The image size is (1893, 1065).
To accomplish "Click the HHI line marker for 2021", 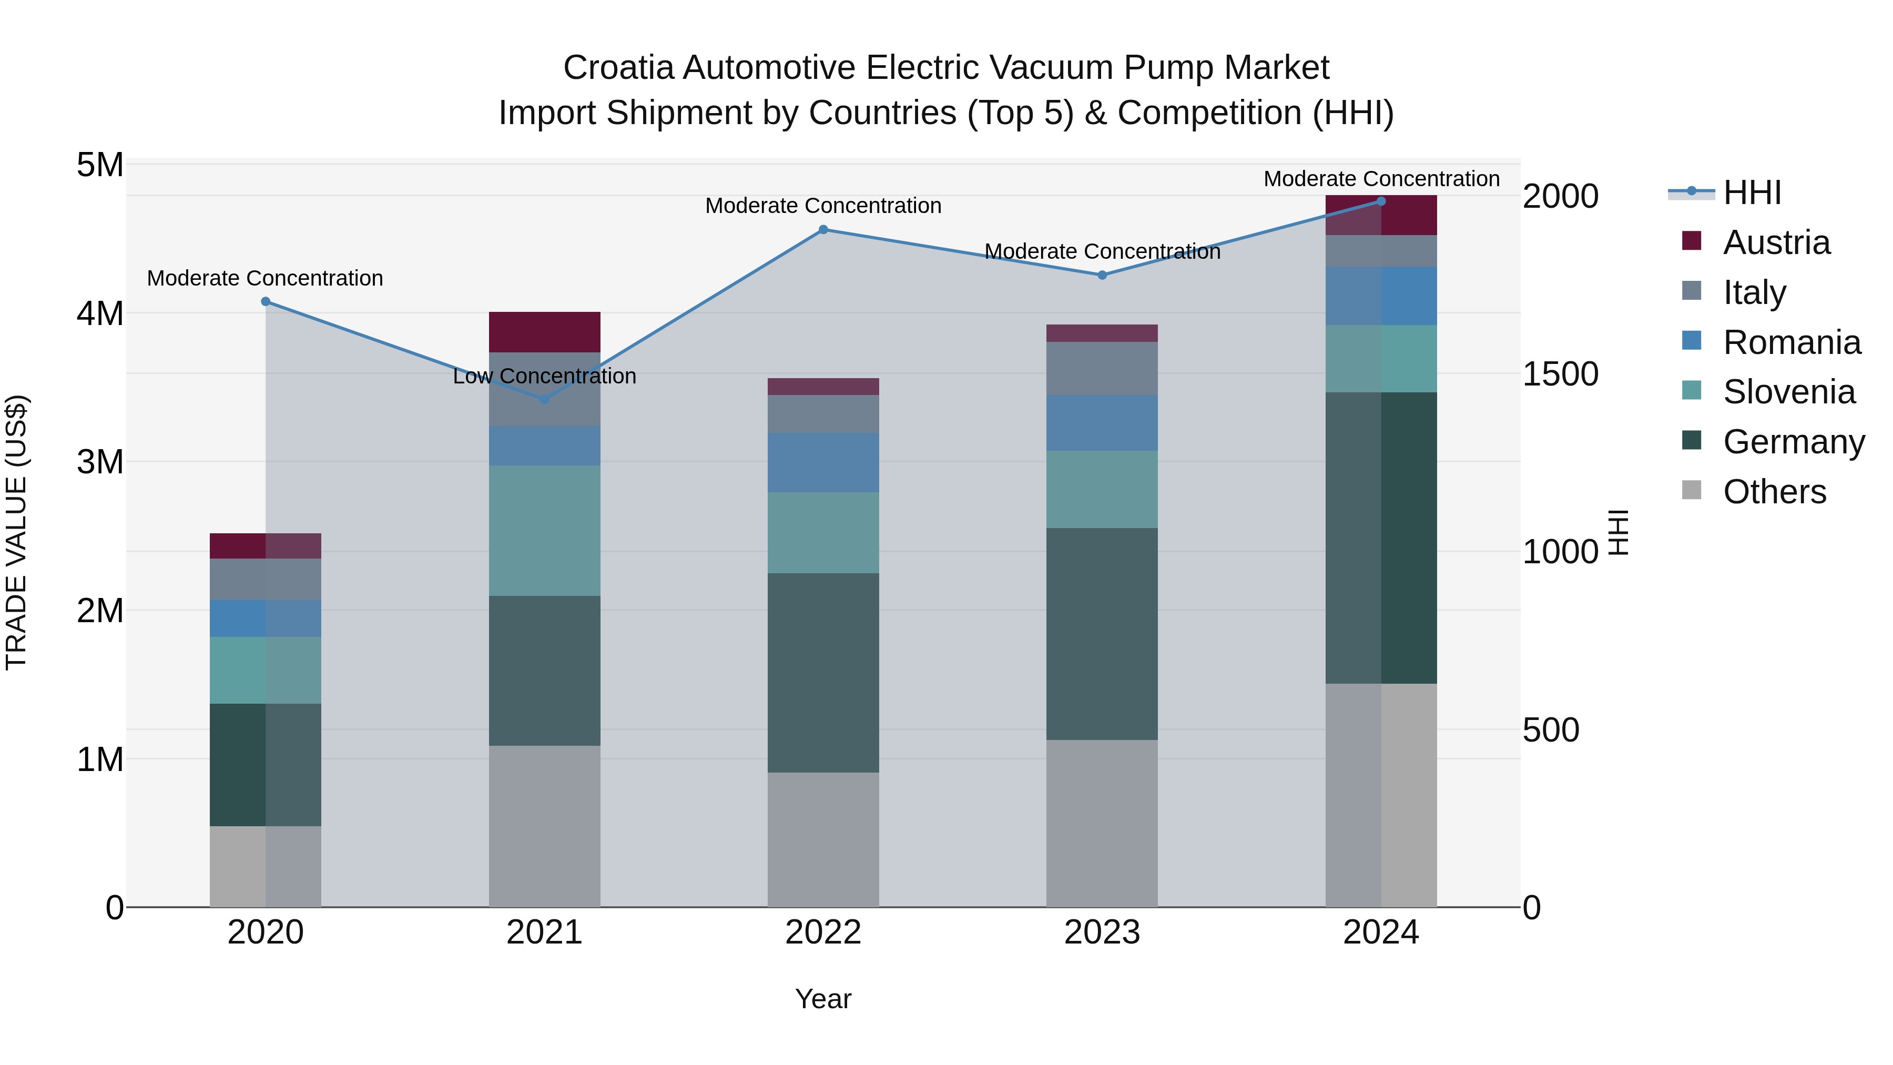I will pyautogui.click(x=545, y=399).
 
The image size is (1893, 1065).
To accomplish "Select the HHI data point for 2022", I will pyautogui.click(x=823, y=229).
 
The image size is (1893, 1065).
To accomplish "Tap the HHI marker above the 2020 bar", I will pyautogui.click(x=266, y=301).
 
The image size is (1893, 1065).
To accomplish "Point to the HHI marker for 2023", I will pyautogui.click(x=1102, y=275).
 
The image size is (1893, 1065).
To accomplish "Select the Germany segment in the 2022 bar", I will pyautogui.click(x=823, y=673).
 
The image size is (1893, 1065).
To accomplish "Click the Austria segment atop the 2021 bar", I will pyautogui.click(x=545, y=332).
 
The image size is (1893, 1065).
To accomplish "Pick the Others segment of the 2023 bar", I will pyautogui.click(x=1102, y=823).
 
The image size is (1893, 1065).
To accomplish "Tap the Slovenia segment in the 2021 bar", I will pyautogui.click(x=545, y=530).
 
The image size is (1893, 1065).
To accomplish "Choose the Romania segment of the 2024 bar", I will pyautogui.click(x=1381, y=296).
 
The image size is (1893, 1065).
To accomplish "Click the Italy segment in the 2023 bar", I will pyautogui.click(x=1102, y=368).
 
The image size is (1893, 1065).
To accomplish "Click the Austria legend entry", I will pyautogui.click(x=1775, y=242).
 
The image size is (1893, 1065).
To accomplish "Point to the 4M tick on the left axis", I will pyautogui.click(x=100, y=313).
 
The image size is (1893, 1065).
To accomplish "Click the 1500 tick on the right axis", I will pyautogui.click(x=1560, y=373).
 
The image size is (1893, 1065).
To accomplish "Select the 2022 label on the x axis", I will pyautogui.click(x=823, y=932).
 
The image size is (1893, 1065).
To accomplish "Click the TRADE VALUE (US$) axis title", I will pyautogui.click(x=16, y=532).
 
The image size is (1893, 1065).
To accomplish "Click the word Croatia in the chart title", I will pyautogui.click(x=618, y=68).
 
